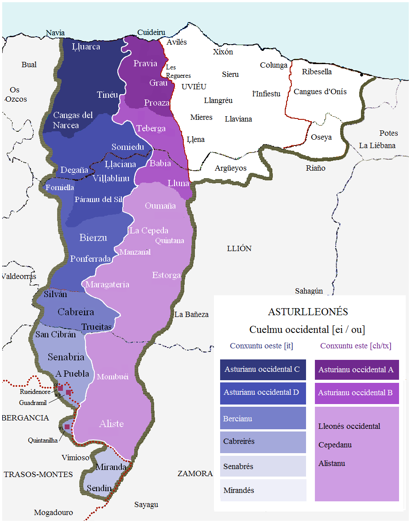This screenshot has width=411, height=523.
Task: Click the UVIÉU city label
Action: coord(194,87)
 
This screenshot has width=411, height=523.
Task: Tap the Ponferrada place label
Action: coord(90,259)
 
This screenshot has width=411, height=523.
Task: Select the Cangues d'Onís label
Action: coord(320,92)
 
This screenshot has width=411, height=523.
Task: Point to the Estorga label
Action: coord(167,275)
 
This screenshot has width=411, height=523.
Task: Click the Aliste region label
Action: coord(111,424)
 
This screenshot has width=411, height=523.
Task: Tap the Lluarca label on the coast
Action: coord(85,46)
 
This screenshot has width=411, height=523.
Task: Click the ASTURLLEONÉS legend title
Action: coord(308,312)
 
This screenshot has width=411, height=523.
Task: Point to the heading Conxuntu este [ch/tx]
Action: coord(356,346)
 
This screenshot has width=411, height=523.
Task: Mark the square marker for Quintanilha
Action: coord(67,427)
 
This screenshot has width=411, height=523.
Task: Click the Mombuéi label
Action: coord(112,377)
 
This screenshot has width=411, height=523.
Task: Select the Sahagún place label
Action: coord(309,290)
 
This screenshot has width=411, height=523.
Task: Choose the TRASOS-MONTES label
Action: coord(38,474)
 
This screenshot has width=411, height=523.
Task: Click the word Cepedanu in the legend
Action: coord(335,445)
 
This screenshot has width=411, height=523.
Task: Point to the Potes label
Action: coord(388,133)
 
